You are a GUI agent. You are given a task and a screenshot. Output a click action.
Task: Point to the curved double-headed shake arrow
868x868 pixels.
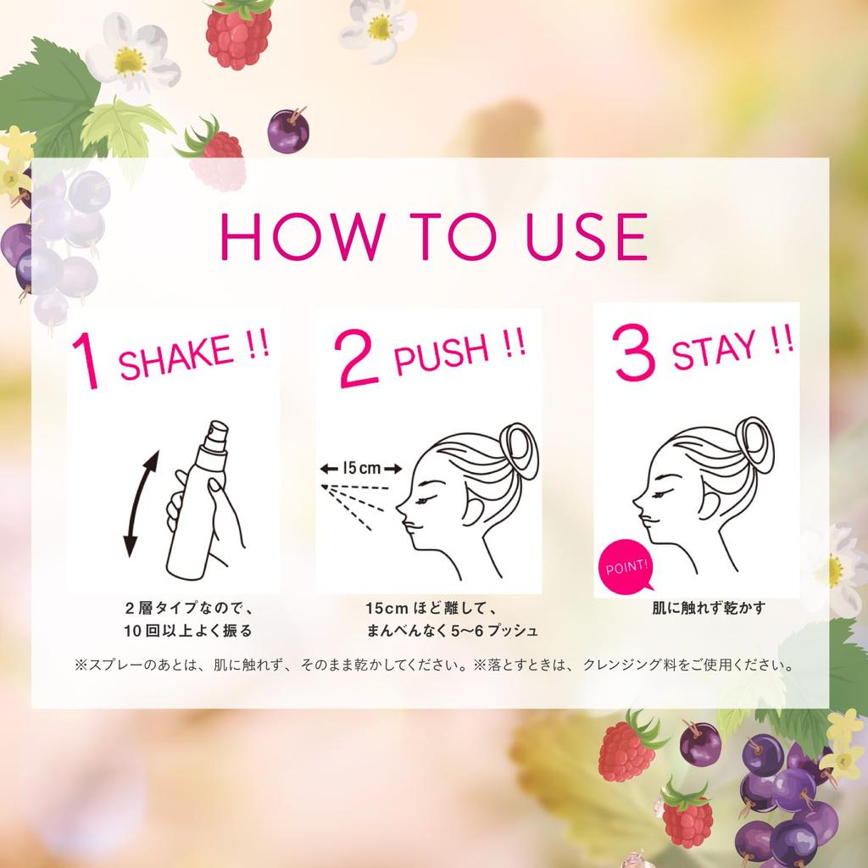pos(140,504)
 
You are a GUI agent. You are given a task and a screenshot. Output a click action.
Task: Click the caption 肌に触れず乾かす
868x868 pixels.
pos(708,608)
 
